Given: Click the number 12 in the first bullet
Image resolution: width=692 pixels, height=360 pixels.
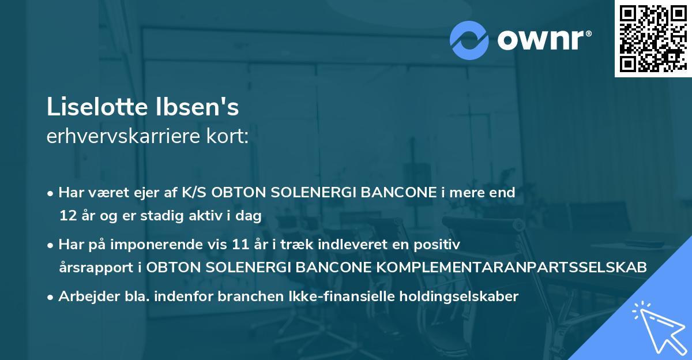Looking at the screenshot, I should pos(66,216).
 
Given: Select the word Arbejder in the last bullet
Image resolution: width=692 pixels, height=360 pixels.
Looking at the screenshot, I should pos(84,297).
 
